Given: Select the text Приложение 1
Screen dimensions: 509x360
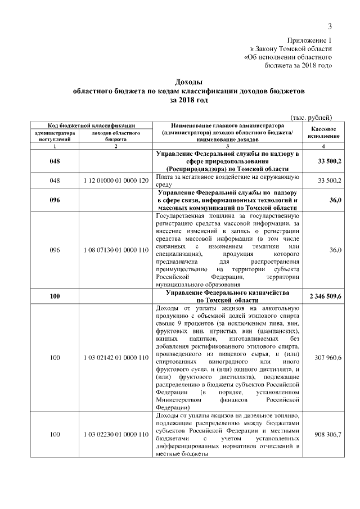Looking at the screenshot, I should pyautogui.click(x=309, y=40).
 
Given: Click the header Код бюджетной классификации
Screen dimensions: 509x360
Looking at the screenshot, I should pyautogui.click(x=82, y=125).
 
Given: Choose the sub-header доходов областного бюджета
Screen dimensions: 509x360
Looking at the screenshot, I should pyautogui.click(x=115, y=136).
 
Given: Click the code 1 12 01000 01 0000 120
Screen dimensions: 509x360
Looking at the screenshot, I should pyautogui.click(x=115, y=181).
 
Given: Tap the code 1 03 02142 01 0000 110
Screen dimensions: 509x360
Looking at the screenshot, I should pyautogui.click(x=115, y=358).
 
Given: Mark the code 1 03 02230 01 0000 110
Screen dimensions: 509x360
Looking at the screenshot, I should pyautogui.click(x=115, y=435).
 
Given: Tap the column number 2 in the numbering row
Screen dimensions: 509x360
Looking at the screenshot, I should pyautogui.click(x=115, y=146).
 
